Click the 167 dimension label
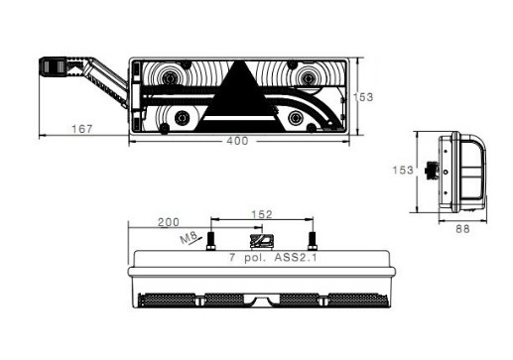(82, 129)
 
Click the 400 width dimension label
(237, 141)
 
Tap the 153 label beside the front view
(363, 97)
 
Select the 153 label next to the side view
(403, 170)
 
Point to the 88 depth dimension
(462, 229)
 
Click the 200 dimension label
(169, 222)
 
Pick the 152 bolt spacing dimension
(262, 214)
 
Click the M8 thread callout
(189, 237)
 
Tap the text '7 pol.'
(248, 257)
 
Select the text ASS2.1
(295, 257)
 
